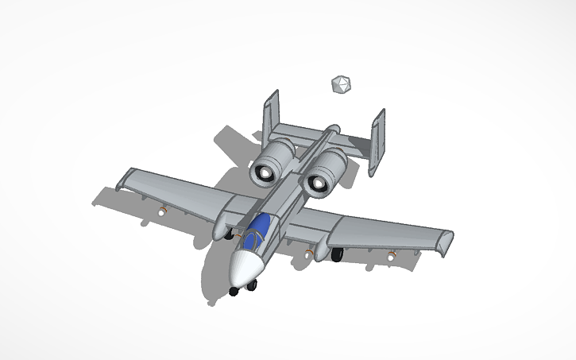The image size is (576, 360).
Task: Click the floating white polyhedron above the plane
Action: [339, 84]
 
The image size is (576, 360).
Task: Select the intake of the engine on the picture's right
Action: [319, 184]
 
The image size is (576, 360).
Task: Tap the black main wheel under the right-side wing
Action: [337, 254]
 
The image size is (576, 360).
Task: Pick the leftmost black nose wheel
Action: [234, 291]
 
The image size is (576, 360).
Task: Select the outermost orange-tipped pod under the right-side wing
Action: [392, 257]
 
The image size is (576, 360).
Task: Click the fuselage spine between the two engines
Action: [303, 162]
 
